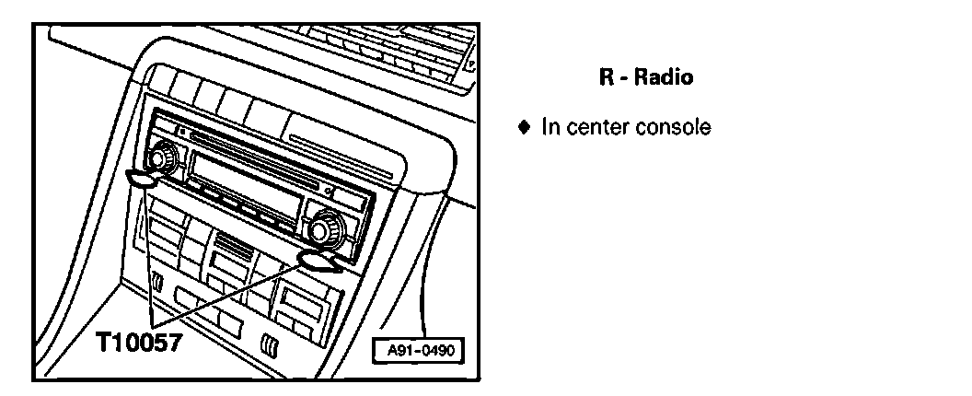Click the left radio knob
pyautogui.click(x=163, y=157)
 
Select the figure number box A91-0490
pyautogui.click(x=419, y=351)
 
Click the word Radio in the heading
pyautogui.click(x=663, y=78)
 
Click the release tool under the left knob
pyautogui.click(x=141, y=179)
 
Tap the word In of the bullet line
pyautogui.click(x=550, y=127)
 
